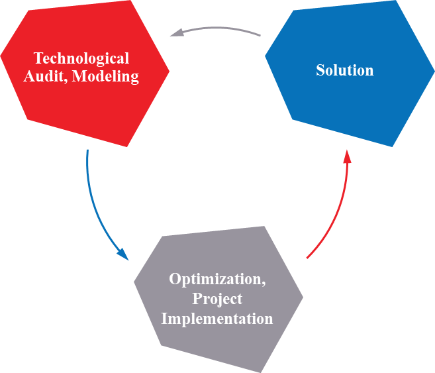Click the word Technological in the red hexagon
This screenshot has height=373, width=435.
(81, 58)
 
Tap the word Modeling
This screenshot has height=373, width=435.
(105, 77)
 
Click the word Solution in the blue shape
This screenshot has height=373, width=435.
(344, 70)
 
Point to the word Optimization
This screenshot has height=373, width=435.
(216, 279)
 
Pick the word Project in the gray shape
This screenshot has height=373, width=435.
(217, 299)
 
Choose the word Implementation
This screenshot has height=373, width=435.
(217, 319)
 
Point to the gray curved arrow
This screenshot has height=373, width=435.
(218, 28)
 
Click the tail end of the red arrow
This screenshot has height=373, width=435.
(308, 257)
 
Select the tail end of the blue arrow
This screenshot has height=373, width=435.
(87, 151)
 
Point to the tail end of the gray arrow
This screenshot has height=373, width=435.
(260, 34)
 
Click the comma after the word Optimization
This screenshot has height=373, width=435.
(264, 284)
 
